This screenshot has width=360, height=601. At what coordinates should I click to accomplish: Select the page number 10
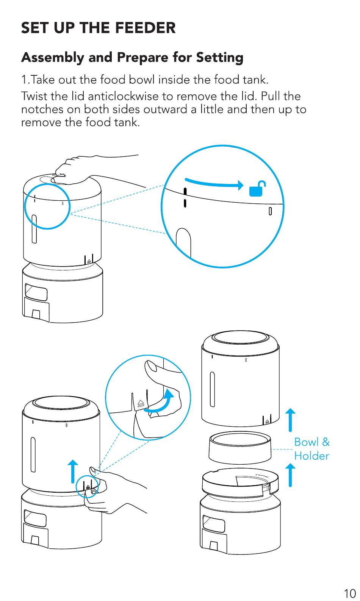tap(349, 593)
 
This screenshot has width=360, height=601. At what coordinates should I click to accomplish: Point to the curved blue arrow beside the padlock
tap(214, 183)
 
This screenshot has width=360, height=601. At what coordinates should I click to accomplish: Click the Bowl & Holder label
tap(311, 449)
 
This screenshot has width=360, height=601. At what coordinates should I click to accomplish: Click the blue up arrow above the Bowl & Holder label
tap(290, 420)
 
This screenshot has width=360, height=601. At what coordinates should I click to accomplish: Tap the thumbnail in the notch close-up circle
tap(152, 366)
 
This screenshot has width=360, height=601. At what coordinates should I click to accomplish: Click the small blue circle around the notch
tap(87, 486)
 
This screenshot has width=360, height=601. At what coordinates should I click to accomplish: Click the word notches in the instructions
tap(42, 109)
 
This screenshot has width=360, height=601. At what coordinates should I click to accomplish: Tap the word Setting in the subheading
tap(219, 58)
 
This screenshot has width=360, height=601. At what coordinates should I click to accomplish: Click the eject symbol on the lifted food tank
tap(268, 421)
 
